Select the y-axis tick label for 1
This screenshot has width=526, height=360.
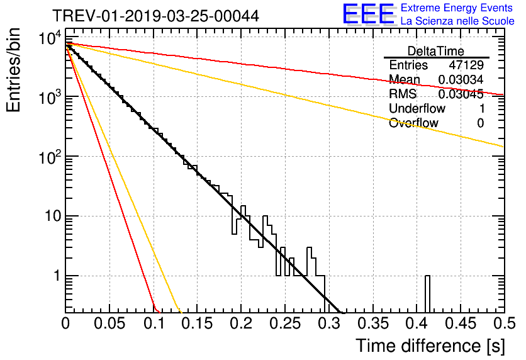[55, 276]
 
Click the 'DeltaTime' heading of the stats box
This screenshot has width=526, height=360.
[436, 51]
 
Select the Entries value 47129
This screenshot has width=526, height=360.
[466, 65]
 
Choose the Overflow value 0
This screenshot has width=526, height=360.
[480, 123]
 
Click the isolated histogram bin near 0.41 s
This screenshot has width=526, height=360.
[427, 294]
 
